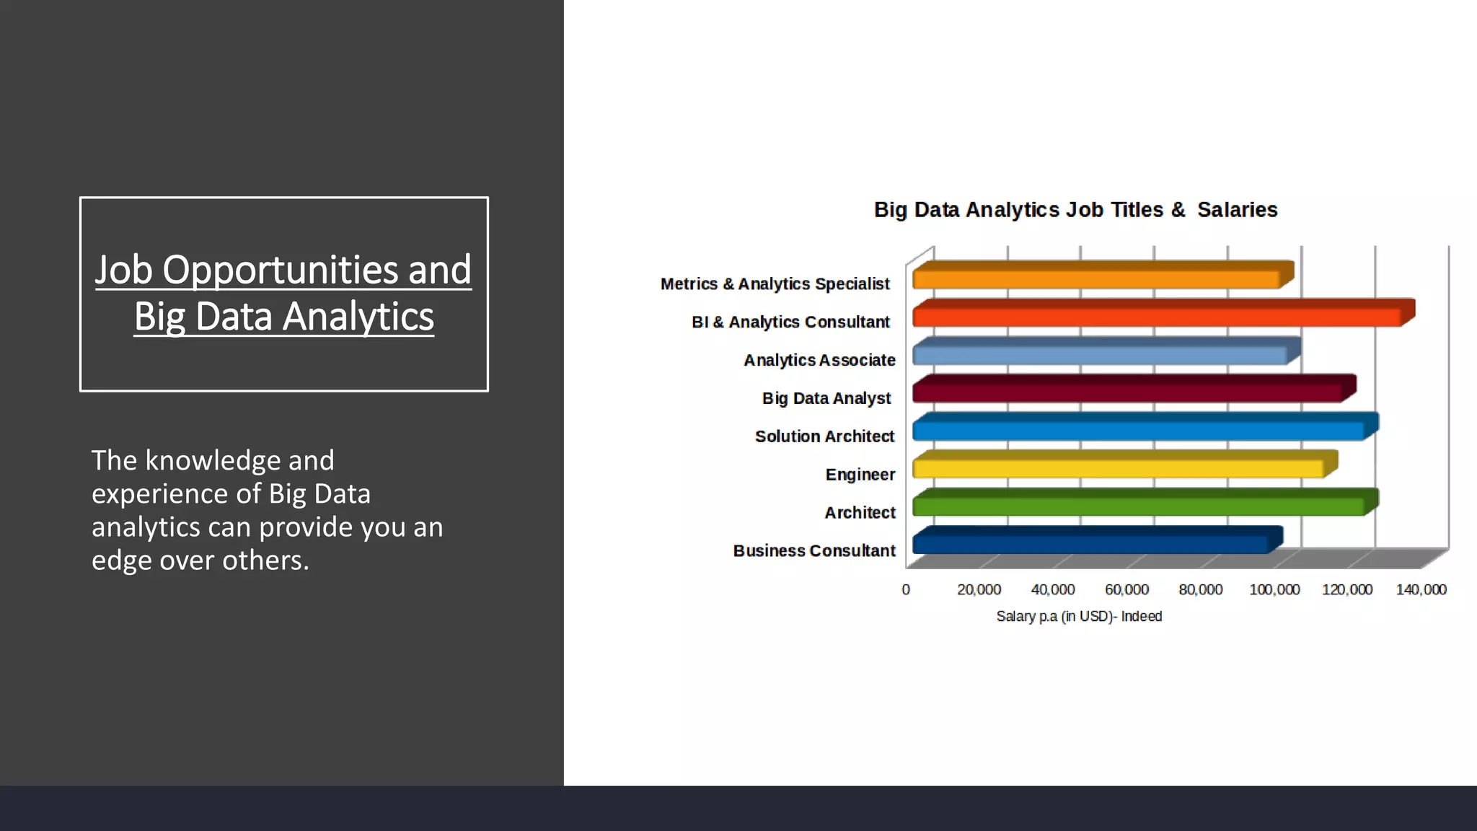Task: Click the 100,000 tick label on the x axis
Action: click(x=1274, y=590)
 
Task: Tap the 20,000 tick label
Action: click(x=979, y=590)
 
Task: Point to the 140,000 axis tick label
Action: click(x=1421, y=590)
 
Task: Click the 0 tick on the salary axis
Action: click(x=906, y=590)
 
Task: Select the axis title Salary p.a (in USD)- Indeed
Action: click(x=1079, y=617)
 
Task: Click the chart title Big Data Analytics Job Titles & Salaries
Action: click(x=1075, y=210)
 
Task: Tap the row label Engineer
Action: click(x=860, y=475)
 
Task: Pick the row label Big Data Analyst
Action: click(x=826, y=398)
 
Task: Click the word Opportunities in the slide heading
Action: click(x=281, y=271)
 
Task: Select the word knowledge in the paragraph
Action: click(x=213, y=461)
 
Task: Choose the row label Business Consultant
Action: click(x=814, y=551)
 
